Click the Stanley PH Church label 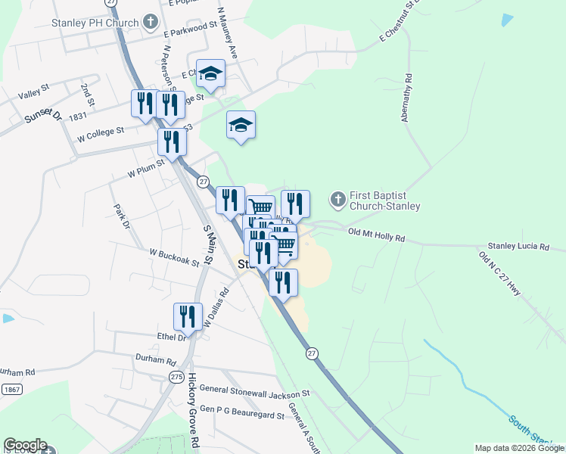94,21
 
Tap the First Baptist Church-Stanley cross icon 337,200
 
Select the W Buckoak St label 174,257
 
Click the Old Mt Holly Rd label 376,235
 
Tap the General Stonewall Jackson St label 255,392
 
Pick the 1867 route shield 11,389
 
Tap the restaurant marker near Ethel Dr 188,316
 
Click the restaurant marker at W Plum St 172,141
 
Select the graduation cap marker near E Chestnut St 211,73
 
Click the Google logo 25,445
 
